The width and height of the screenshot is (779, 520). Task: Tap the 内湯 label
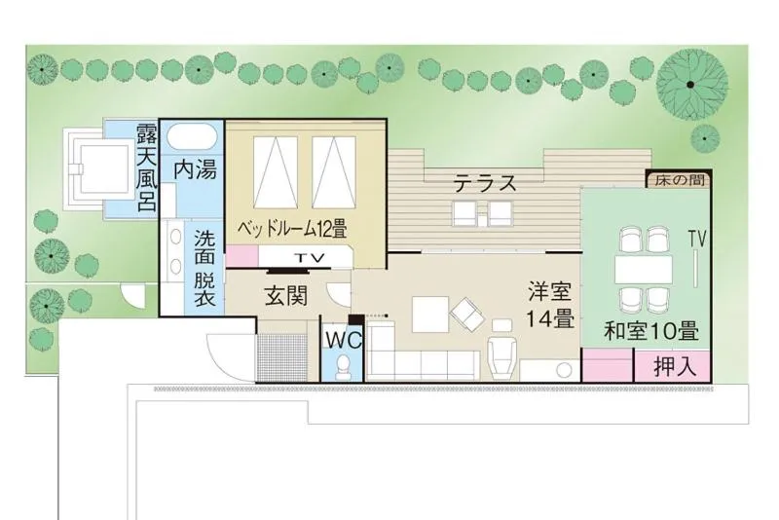[x=195, y=168]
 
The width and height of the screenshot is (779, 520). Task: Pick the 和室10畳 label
[x=650, y=331]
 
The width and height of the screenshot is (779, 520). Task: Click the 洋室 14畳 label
[x=550, y=305]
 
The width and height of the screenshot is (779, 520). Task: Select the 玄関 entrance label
[x=287, y=297]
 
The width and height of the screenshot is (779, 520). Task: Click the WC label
[x=344, y=340]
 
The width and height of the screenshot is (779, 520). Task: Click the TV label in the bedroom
[x=310, y=258]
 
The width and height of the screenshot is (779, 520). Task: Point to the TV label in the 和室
[x=696, y=238]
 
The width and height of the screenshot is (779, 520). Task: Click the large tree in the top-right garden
[x=689, y=84]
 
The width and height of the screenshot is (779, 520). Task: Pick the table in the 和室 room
[x=643, y=267]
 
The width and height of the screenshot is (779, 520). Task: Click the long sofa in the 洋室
[x=422, y=365]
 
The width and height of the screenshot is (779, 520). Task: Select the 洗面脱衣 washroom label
[x=204, y=268]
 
